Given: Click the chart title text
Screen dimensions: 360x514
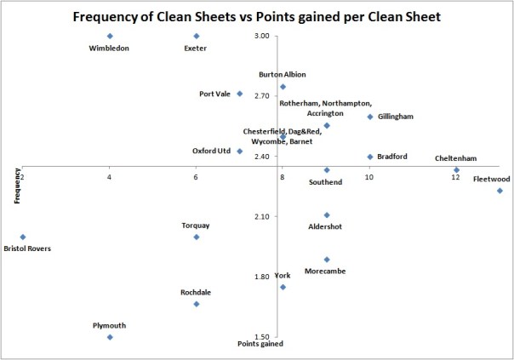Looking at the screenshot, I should pos(256,16).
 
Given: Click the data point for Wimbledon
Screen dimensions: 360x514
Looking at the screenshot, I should pos(110,36).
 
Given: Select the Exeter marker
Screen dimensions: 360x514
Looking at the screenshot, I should pos(197,36).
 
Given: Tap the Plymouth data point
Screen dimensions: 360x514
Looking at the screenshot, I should pos(110,337).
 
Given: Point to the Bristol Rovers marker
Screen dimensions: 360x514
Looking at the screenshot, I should pos(23,237).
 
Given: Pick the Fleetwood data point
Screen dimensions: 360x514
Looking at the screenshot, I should pos(500,191).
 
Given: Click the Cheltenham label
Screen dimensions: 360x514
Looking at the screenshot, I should pos(455,158).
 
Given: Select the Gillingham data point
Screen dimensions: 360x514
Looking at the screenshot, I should pos(370,117).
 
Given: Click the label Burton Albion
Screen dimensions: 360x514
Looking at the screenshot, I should pos(283,75).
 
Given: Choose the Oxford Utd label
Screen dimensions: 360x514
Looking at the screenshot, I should pos(211,151).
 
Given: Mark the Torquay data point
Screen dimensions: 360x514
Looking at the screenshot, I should pos(197,237).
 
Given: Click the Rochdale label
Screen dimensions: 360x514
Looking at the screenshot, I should pos(196,293).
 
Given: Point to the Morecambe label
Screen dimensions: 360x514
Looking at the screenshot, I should pos(327,271).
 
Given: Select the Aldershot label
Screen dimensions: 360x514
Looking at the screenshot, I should pos(327,226).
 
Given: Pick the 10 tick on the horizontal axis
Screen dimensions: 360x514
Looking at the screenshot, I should pos(368,176).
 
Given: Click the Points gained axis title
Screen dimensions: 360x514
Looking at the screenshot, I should pos(260,345).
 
